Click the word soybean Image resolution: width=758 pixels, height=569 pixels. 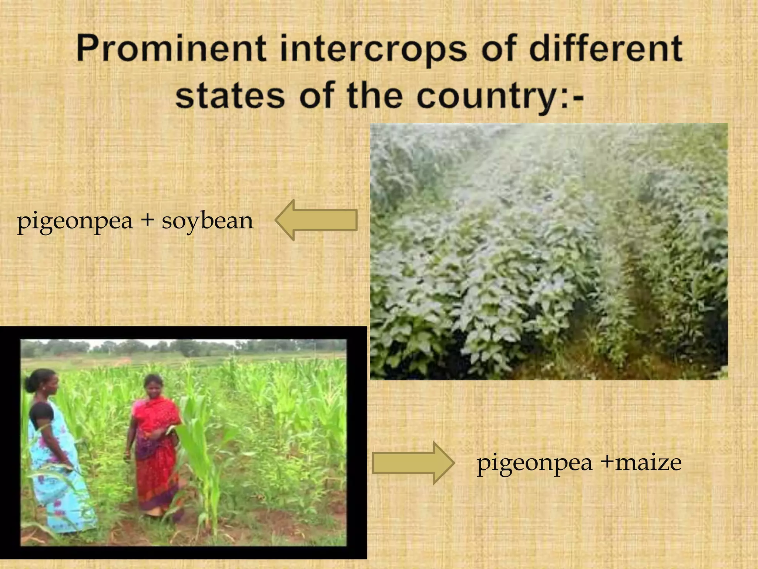[207, 221]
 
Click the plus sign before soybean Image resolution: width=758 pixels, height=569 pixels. [147, 220]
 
